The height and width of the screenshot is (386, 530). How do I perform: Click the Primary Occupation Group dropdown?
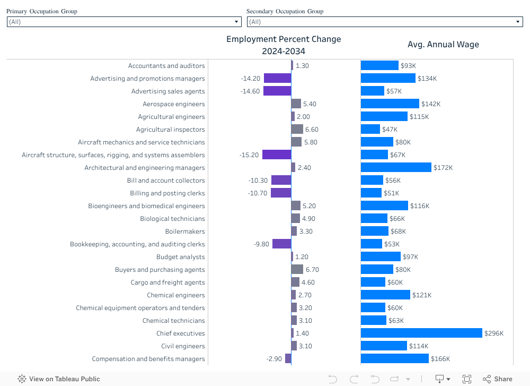(x=124, y=22)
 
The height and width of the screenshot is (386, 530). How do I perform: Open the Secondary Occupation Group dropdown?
(x=385, y=22)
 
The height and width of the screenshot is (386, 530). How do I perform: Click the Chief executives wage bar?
(x=422, y=333)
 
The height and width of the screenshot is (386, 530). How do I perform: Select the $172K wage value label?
(x=443, y=168)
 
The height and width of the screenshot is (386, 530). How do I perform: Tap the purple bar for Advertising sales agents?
(x=277, y=91)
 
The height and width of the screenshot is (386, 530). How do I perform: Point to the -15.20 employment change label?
(x=249, y=155)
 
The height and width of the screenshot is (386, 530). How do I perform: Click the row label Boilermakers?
(x=185, y=231)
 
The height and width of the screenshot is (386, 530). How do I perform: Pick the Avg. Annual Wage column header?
(x=443, y=45)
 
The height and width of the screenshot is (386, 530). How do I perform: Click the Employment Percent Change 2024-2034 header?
(x=284, y=45)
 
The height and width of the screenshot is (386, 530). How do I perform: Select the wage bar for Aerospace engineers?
(x=390, y=104)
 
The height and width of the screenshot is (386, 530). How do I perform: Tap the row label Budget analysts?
(x=180, y=257)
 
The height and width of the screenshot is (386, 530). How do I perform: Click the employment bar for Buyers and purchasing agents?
(x=297, y=270)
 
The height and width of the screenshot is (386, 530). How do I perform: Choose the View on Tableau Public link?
(x=59, y=379)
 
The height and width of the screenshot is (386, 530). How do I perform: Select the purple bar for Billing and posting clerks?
(x=281, y=193)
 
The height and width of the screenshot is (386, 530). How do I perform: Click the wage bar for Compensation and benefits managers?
(x=395, y=359)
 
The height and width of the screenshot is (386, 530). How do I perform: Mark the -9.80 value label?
(x=261, y=244)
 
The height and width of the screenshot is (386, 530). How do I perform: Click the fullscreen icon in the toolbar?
(x=467, y=379)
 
